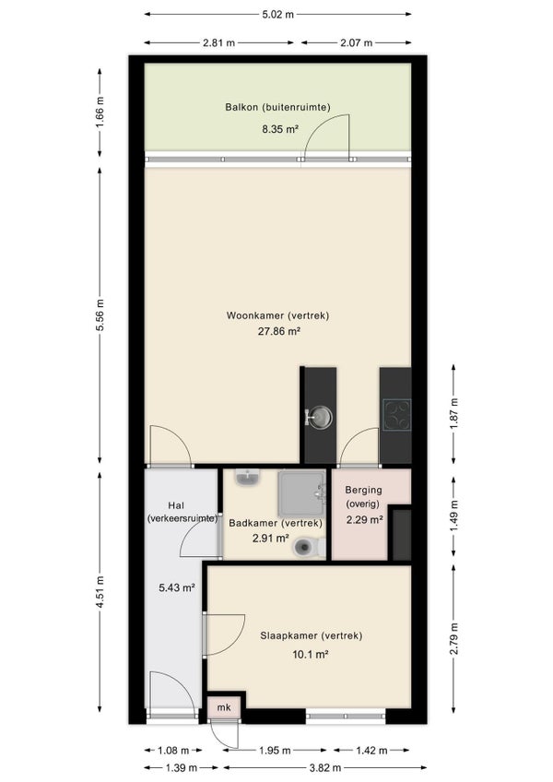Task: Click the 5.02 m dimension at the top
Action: click(x=277, y=15)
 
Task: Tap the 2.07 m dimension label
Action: click(x=356, y=43)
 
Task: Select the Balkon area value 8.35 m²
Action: click(x=280, y=129)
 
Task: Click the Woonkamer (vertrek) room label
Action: click(x=277, y=315)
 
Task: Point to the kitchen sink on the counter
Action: click(x=319, y=417)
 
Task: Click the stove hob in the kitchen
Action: click(x=397, y=415)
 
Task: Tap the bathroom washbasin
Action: click(x=248, y=478)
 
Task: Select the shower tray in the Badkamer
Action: click(x=301, y=493)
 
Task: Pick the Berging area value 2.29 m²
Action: click(x=364, y=520)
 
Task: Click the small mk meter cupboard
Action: click(x=224, y=707)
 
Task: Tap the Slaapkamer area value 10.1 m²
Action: click(x=311, y=655)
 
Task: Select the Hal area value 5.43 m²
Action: click(x=177, y=587)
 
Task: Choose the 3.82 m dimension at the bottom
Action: click(x=324, y=767)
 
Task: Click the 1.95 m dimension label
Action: click(x=275, y=750)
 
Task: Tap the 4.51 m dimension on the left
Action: click(x=100, y=592)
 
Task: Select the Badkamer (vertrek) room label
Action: click(x=276, y=523)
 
